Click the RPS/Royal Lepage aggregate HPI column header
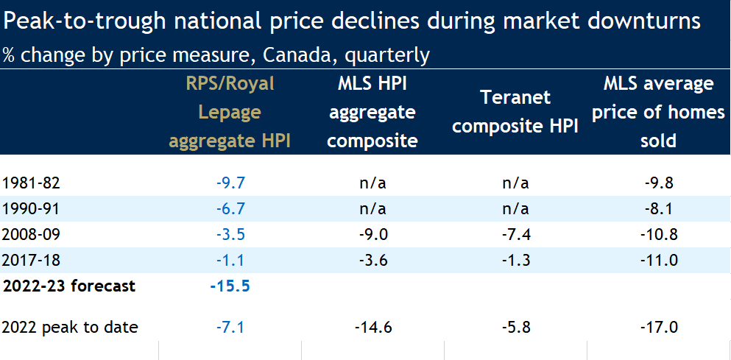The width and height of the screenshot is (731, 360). [x=230, y=113]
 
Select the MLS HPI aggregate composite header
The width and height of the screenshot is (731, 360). [x=372, y=113]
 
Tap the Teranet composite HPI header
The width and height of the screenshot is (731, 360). [x=515, y=112]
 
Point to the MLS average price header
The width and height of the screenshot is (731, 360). [x=658, y=112]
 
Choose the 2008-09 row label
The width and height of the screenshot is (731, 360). [x=27, y=235]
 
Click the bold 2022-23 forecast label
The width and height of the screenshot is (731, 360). [x=70, y=286]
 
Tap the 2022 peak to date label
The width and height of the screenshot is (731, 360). [x=70, y=327]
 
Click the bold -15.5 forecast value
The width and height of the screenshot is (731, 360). [x=230, y=286]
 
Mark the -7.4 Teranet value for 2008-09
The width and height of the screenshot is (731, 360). [x=515, y=235]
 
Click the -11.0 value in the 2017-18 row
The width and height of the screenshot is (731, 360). [x=658, y=260]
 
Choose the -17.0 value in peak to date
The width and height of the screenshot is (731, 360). [x=658, y=327]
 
